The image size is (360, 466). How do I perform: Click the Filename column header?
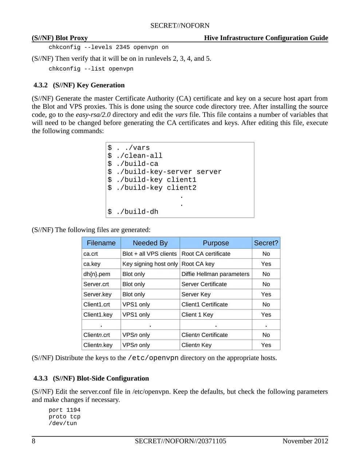coord(101,243)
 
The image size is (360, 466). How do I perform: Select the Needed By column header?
coord(150,243)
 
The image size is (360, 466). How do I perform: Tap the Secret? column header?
coord(266,243)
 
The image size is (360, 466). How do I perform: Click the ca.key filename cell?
coord(92,264)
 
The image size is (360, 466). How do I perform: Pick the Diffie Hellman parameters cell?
coord(215,274)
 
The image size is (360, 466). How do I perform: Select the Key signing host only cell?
coord(150,264)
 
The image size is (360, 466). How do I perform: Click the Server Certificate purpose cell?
coord(204,284)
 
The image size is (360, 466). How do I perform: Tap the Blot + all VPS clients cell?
coord(150,254)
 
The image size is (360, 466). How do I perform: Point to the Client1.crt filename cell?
coord(96,305)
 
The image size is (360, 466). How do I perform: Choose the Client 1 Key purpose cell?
coord(197,315)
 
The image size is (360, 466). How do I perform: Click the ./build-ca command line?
coord(133,164)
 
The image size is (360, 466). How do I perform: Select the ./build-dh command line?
coord(133,212)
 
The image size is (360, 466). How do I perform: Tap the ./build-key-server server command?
coord(165,172)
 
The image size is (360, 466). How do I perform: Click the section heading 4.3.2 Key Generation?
coord(79,85)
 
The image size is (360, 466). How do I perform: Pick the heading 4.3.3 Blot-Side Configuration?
coord(91,378)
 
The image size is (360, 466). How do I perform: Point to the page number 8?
coord(33,441)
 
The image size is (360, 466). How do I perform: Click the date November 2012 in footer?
coord(305,441)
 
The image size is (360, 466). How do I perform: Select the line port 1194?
coord(64,410)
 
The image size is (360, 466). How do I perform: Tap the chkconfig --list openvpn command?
coord(91,69)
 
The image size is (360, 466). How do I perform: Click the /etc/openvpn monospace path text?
coord(153,358)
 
